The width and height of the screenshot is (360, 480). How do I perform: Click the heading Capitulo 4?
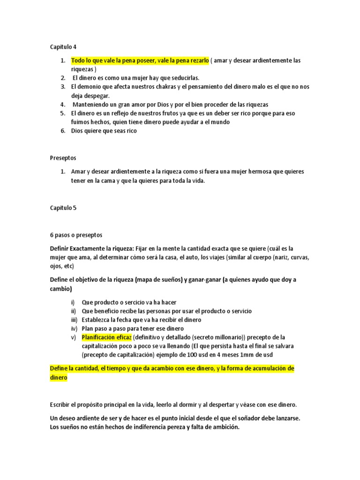[63, 47]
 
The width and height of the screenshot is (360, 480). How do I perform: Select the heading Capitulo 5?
[63, 208]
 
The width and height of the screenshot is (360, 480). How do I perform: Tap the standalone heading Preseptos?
[63, 157]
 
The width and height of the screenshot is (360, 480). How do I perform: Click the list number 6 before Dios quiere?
[62, 131]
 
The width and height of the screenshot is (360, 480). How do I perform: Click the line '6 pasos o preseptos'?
[76, 235]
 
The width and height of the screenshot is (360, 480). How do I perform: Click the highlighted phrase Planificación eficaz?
[106, 337]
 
